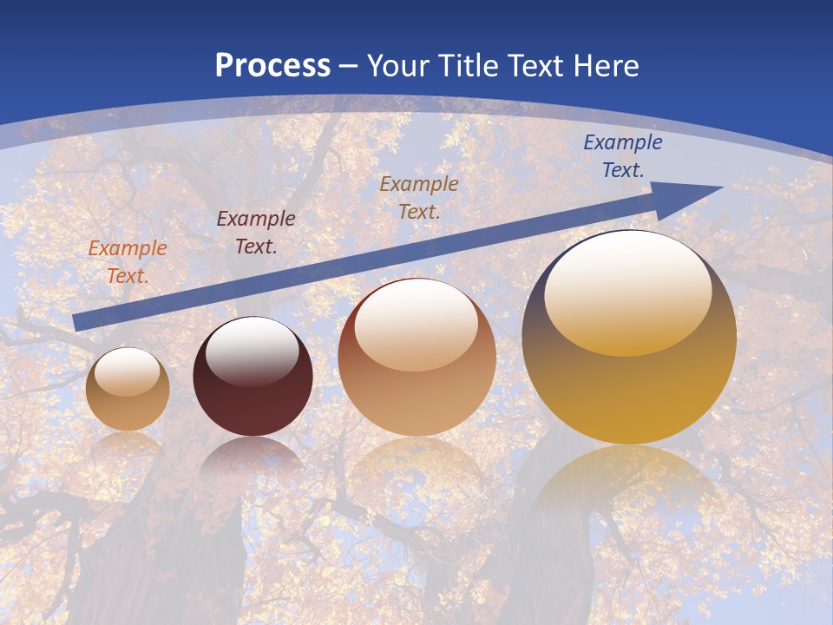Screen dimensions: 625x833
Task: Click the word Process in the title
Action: pyautogui.click(x=272, y=66)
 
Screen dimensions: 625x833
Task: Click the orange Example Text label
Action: pyautogui.click(x=128, y=261)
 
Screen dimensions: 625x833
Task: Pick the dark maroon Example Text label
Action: pyautogui.click(x=256, y=232)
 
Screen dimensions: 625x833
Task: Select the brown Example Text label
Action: pyautogui.click(x=419, y=197)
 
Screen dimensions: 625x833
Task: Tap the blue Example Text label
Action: pyautogui.click(x=623, y=156)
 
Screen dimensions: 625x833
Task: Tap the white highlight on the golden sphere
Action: pyautogui.click(x=627, y=291)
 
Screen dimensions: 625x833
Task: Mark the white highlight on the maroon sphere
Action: pyautogui.click(x=252, y=350)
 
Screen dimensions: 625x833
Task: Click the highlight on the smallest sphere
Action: pyautogui.click(x=127, y=371)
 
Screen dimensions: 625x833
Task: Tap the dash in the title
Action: pyautogui.click(x=349, y=66)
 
